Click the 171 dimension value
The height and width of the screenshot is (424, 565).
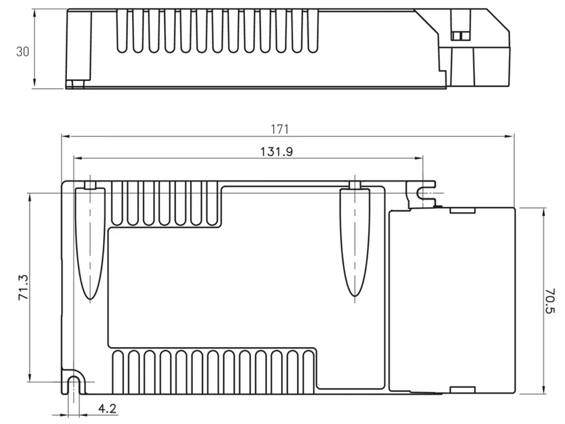[280, 129]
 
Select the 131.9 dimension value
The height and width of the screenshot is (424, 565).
[276, 152]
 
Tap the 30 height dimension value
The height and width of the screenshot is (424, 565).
[22, 52]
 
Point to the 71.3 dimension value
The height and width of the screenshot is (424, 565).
[23, 288]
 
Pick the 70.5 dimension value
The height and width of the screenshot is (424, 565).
[550, 301]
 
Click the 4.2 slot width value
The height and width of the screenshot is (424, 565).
[107, 409]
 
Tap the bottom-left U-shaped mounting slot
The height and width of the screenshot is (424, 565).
[74, 382]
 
